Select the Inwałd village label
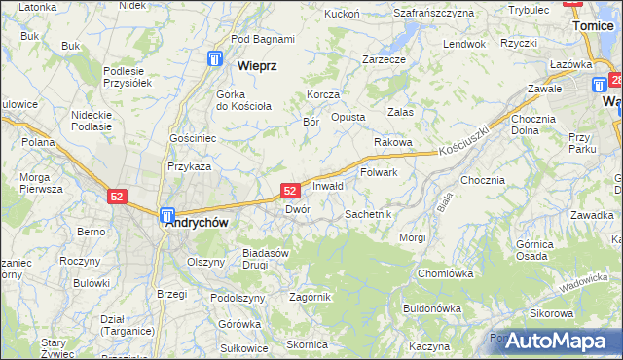[x=328, y=186]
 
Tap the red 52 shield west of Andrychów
[x=117, y=197]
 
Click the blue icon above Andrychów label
[x=167, y=215]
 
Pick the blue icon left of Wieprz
[x=214, y=60]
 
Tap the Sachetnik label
[x=368, y=213]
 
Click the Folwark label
[x=379, y=173]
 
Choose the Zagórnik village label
[x=311, y=297]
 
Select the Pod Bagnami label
[x=263, y=39]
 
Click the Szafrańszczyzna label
[x=433, y=14]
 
